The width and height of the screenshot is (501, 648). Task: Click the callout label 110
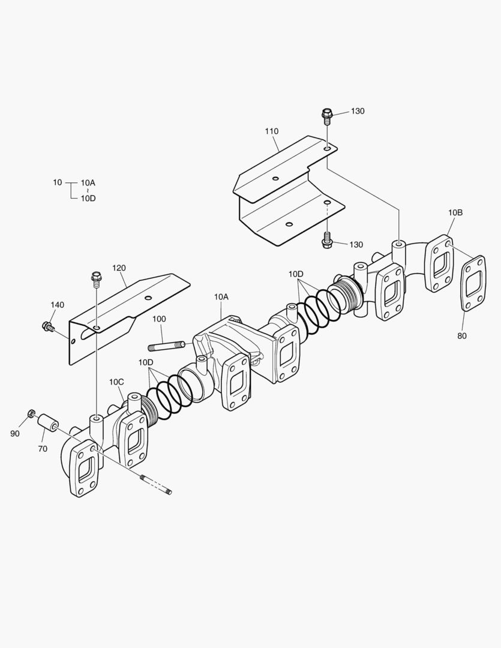272,131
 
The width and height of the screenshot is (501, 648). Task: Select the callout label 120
119,267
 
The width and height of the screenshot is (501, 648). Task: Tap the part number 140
57,305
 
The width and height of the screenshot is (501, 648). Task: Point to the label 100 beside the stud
158,319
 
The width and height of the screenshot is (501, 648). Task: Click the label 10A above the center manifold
221,297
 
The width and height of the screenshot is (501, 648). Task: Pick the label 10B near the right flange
455,212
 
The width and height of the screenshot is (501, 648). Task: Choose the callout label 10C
116,382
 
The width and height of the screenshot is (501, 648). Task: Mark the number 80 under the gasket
461,336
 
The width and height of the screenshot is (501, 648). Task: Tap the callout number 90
15,433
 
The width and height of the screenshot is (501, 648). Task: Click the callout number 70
43,448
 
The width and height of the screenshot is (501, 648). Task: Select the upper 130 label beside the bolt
357,111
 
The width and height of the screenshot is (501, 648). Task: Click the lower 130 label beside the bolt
356,245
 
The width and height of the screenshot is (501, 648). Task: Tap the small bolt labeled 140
47,326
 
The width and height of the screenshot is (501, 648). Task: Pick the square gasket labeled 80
473,283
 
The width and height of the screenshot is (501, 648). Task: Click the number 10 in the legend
58,182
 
